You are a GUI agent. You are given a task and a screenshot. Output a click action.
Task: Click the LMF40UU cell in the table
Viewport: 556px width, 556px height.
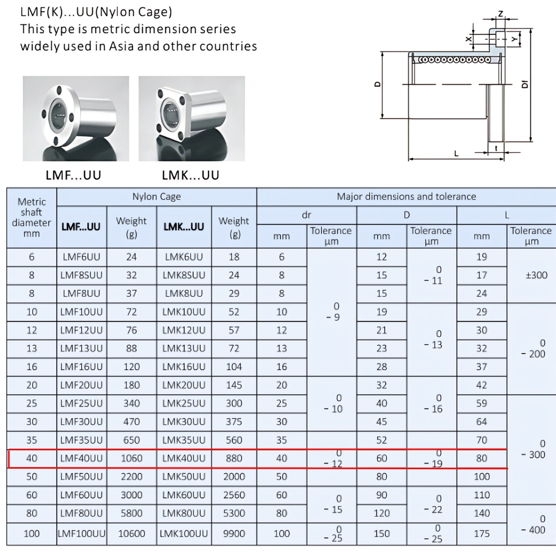pos(82,459)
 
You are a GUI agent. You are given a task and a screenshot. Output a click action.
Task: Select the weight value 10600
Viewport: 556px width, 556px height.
pos(132,533)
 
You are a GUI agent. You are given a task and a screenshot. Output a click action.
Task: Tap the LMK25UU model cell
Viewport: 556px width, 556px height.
pos(183,404)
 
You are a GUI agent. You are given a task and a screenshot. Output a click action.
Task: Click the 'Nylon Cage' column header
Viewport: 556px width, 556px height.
pos(156,197)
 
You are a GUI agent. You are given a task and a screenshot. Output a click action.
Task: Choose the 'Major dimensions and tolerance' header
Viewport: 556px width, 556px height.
pos(406,197)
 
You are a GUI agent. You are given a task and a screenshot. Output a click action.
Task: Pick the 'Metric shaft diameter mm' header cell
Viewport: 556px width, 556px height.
pos(32,217)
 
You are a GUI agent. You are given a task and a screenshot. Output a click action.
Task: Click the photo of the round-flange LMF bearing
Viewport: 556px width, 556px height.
pos(76,118)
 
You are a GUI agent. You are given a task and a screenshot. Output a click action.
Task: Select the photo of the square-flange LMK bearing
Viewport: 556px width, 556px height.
pos(191,118)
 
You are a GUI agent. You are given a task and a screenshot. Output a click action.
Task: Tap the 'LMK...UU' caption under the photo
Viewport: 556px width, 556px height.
pos(191,176)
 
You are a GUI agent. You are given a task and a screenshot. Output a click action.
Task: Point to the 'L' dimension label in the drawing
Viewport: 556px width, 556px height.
pos(456,153)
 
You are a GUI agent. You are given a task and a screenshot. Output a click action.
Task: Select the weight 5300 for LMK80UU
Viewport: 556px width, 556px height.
pos(234,513)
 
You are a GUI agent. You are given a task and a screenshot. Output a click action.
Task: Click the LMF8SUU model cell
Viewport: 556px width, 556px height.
pos(82,275)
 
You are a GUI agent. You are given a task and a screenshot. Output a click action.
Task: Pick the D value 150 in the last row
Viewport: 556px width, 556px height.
pos(381,533)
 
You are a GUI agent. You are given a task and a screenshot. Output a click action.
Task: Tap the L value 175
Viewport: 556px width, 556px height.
pos(481,533)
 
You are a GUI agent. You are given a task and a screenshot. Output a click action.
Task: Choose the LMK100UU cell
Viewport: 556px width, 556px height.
pos(183,533)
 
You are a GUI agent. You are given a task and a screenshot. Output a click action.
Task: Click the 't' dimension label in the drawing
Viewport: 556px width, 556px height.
pos(495,148)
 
